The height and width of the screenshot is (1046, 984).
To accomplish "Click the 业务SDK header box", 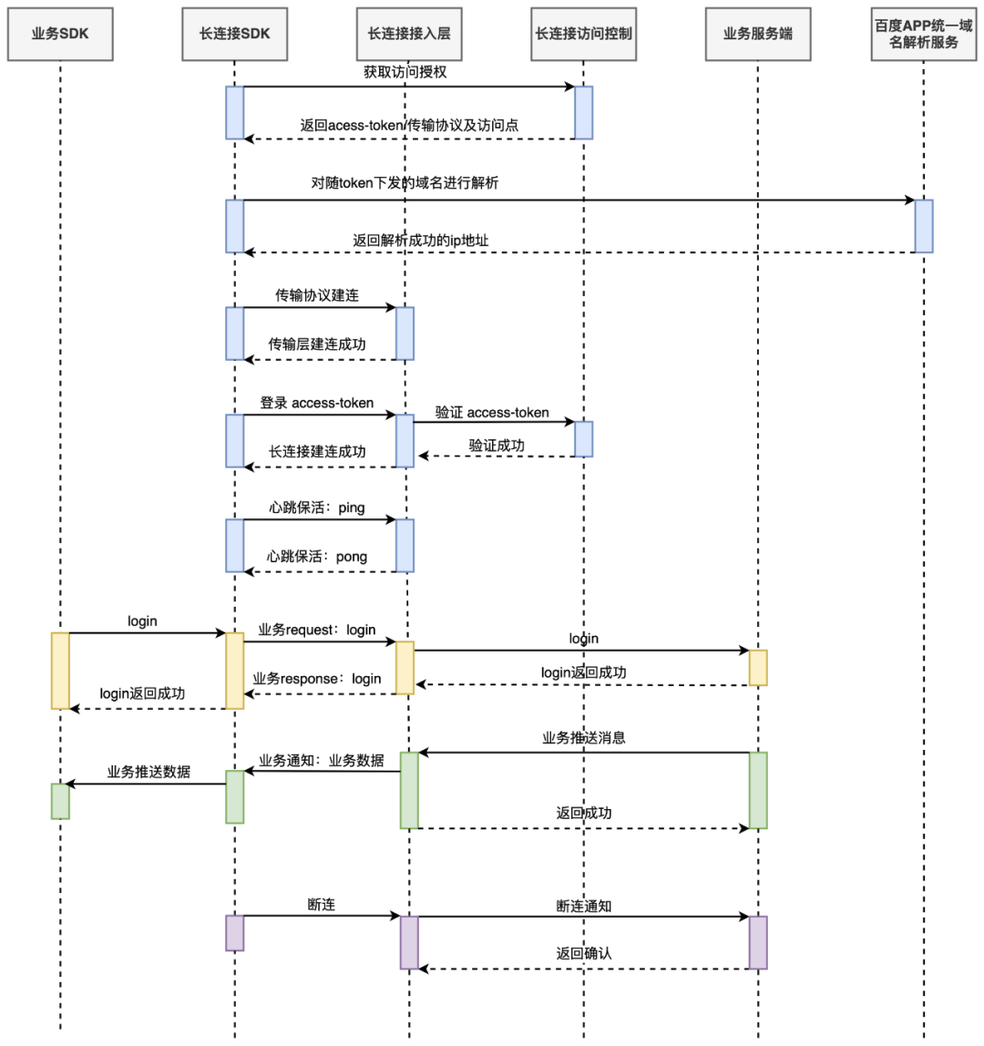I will click(x=60, y=34).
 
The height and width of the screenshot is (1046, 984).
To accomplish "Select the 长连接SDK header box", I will click(x=234, y=34).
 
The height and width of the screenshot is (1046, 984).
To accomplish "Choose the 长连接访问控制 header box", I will click(x=583, y=34).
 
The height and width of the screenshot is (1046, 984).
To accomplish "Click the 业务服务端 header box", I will click(x=757, y=34).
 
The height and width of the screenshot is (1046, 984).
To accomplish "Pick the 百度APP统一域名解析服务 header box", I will click(x=923, y=34).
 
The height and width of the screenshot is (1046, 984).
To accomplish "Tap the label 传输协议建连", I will click(x=317, y=295).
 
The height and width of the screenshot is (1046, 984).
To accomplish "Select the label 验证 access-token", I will click(x=492, y=413).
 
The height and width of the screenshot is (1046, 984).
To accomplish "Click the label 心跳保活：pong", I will click(x=317, y=556).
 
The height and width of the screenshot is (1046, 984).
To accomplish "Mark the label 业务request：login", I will click(x=317, y=630).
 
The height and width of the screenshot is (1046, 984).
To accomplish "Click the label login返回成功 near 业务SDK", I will click(x=142, y=693).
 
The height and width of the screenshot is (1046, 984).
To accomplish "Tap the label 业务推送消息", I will click(x=584, y=738).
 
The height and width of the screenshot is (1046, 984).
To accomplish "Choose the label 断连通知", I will click(x=584, y=906).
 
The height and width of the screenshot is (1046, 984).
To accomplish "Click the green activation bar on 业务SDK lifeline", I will click(x=60, y=801).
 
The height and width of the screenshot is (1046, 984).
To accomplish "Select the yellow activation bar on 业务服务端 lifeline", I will click(x=758, y=668).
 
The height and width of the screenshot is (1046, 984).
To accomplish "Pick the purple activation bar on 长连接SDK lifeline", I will click(x=234, y=933).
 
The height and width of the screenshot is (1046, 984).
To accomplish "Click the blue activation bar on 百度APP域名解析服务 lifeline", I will click(x=923, y=226).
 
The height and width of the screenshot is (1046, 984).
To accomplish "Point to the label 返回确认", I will click(x=584, y=953).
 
